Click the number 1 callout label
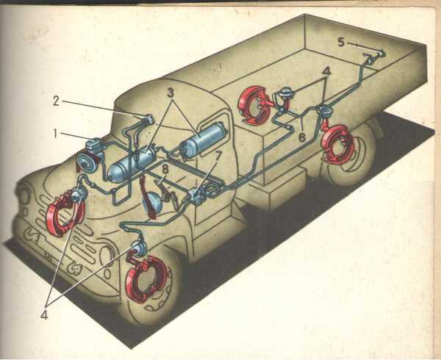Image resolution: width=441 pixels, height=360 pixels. [56, 134]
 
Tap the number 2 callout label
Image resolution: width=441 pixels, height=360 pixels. [57, 101]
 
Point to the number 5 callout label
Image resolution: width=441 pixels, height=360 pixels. [341, 43]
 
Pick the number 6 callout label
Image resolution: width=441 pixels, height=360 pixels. [301, 137]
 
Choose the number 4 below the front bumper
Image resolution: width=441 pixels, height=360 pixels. [44, 315]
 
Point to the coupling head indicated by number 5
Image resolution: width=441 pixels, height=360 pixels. [373, 57]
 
